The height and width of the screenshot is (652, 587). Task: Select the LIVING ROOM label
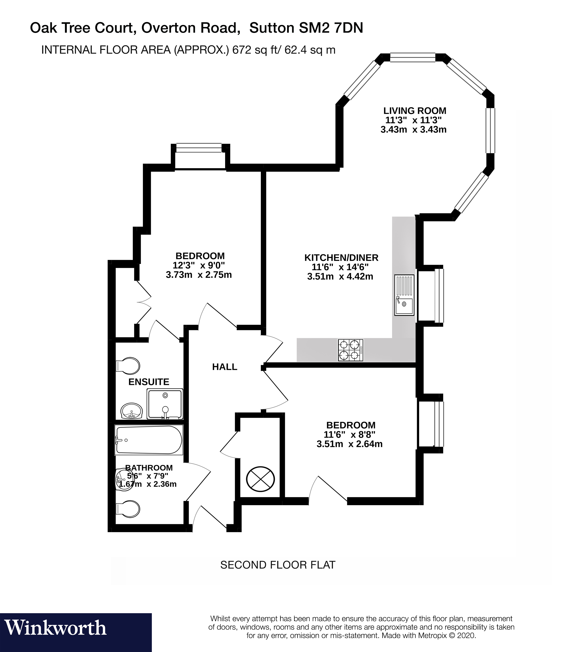point(415,111)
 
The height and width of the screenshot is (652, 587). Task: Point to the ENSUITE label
point(149,382)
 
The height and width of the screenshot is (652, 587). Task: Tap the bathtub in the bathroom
point(148,440)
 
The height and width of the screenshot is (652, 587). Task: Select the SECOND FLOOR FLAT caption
point(278,565)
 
